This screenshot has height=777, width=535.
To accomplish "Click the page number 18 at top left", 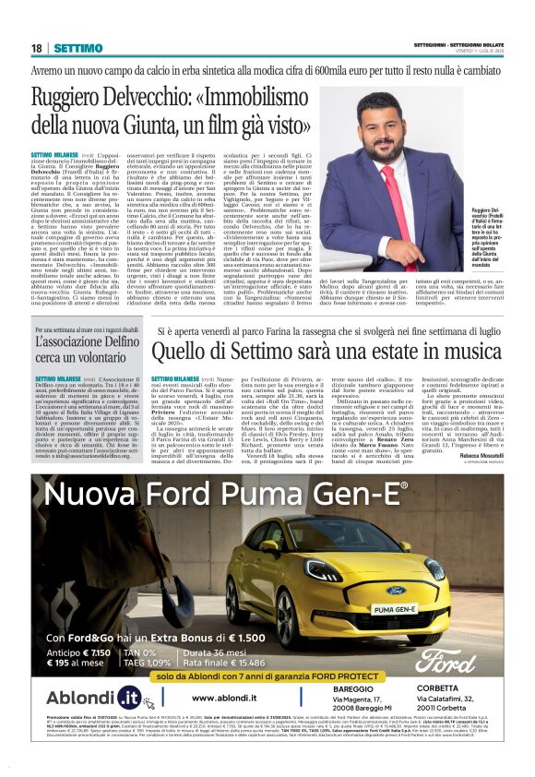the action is click(36, 48).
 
